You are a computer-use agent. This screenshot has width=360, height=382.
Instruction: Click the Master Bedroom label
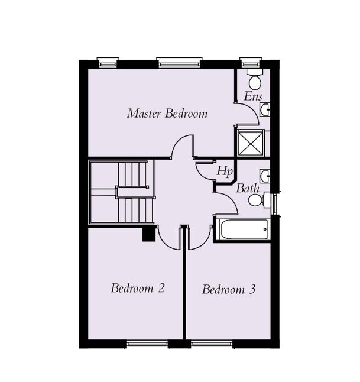[x=167, y=113]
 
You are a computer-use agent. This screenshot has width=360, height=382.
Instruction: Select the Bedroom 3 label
[x=229, y=290]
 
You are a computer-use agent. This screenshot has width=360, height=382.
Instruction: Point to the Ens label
[x=253, y=96]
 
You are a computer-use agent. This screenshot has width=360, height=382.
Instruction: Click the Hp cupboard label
[x=224, y=171]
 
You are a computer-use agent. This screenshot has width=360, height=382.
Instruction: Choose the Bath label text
[x=248, y=189]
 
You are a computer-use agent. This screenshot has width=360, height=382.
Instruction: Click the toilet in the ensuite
[x=255, y=80]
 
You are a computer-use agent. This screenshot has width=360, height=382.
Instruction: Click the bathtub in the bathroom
[x=243, y=229]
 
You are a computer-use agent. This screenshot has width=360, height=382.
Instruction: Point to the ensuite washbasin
[x=266, y=109]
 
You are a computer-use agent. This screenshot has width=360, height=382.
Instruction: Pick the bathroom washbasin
[x=265, y=176]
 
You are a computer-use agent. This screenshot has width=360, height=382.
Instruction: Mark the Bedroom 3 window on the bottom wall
[x=212, y=343]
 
